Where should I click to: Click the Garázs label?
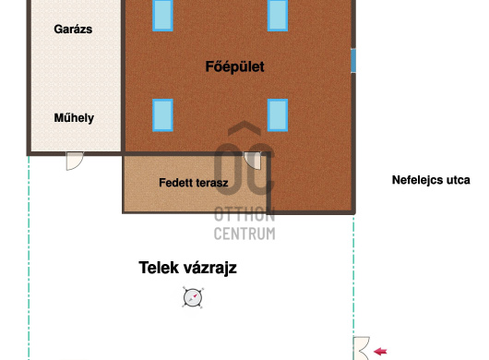73,30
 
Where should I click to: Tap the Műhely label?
74,118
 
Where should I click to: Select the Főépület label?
235,66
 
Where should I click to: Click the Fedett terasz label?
194,183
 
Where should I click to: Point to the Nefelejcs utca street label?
431,180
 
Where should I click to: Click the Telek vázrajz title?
187,268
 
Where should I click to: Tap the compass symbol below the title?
193,297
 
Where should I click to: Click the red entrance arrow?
380,352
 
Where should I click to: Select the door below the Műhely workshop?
75,161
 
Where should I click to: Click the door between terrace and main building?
252,161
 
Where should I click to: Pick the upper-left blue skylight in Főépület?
162,16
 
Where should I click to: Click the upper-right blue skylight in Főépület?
278,16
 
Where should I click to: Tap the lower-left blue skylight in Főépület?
162,115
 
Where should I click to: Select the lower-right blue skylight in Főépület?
278,115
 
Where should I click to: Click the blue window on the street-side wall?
353,61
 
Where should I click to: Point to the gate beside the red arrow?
362,348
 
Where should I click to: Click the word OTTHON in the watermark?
244,214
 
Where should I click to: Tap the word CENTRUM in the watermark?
244,234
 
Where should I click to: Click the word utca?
459,180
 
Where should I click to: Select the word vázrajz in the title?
209,269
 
